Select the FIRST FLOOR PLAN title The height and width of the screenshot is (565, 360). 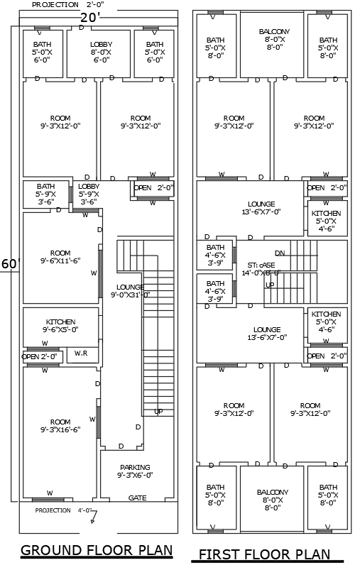click(265, 554)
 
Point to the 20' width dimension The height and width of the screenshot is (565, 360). click(89, 16)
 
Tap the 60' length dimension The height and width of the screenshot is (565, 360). click(9, 263)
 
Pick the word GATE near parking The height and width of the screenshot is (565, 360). click(138, 498)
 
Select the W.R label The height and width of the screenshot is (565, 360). click(81, 353)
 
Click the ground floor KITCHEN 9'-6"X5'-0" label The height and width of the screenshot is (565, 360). click(60, 326)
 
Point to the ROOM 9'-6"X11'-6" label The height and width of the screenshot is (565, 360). click(60, 257)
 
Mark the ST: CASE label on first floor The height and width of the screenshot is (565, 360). click(258, 268)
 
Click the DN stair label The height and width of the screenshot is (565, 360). click(280, 253)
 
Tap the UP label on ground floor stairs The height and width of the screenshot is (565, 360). click(158, 412)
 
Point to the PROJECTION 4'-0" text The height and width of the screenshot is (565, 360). click(62, 510)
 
